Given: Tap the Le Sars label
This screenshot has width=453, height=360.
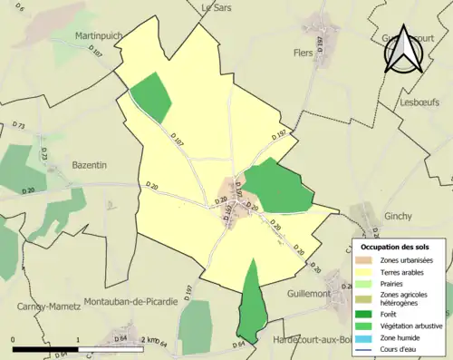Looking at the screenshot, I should (x=217, y=6).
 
